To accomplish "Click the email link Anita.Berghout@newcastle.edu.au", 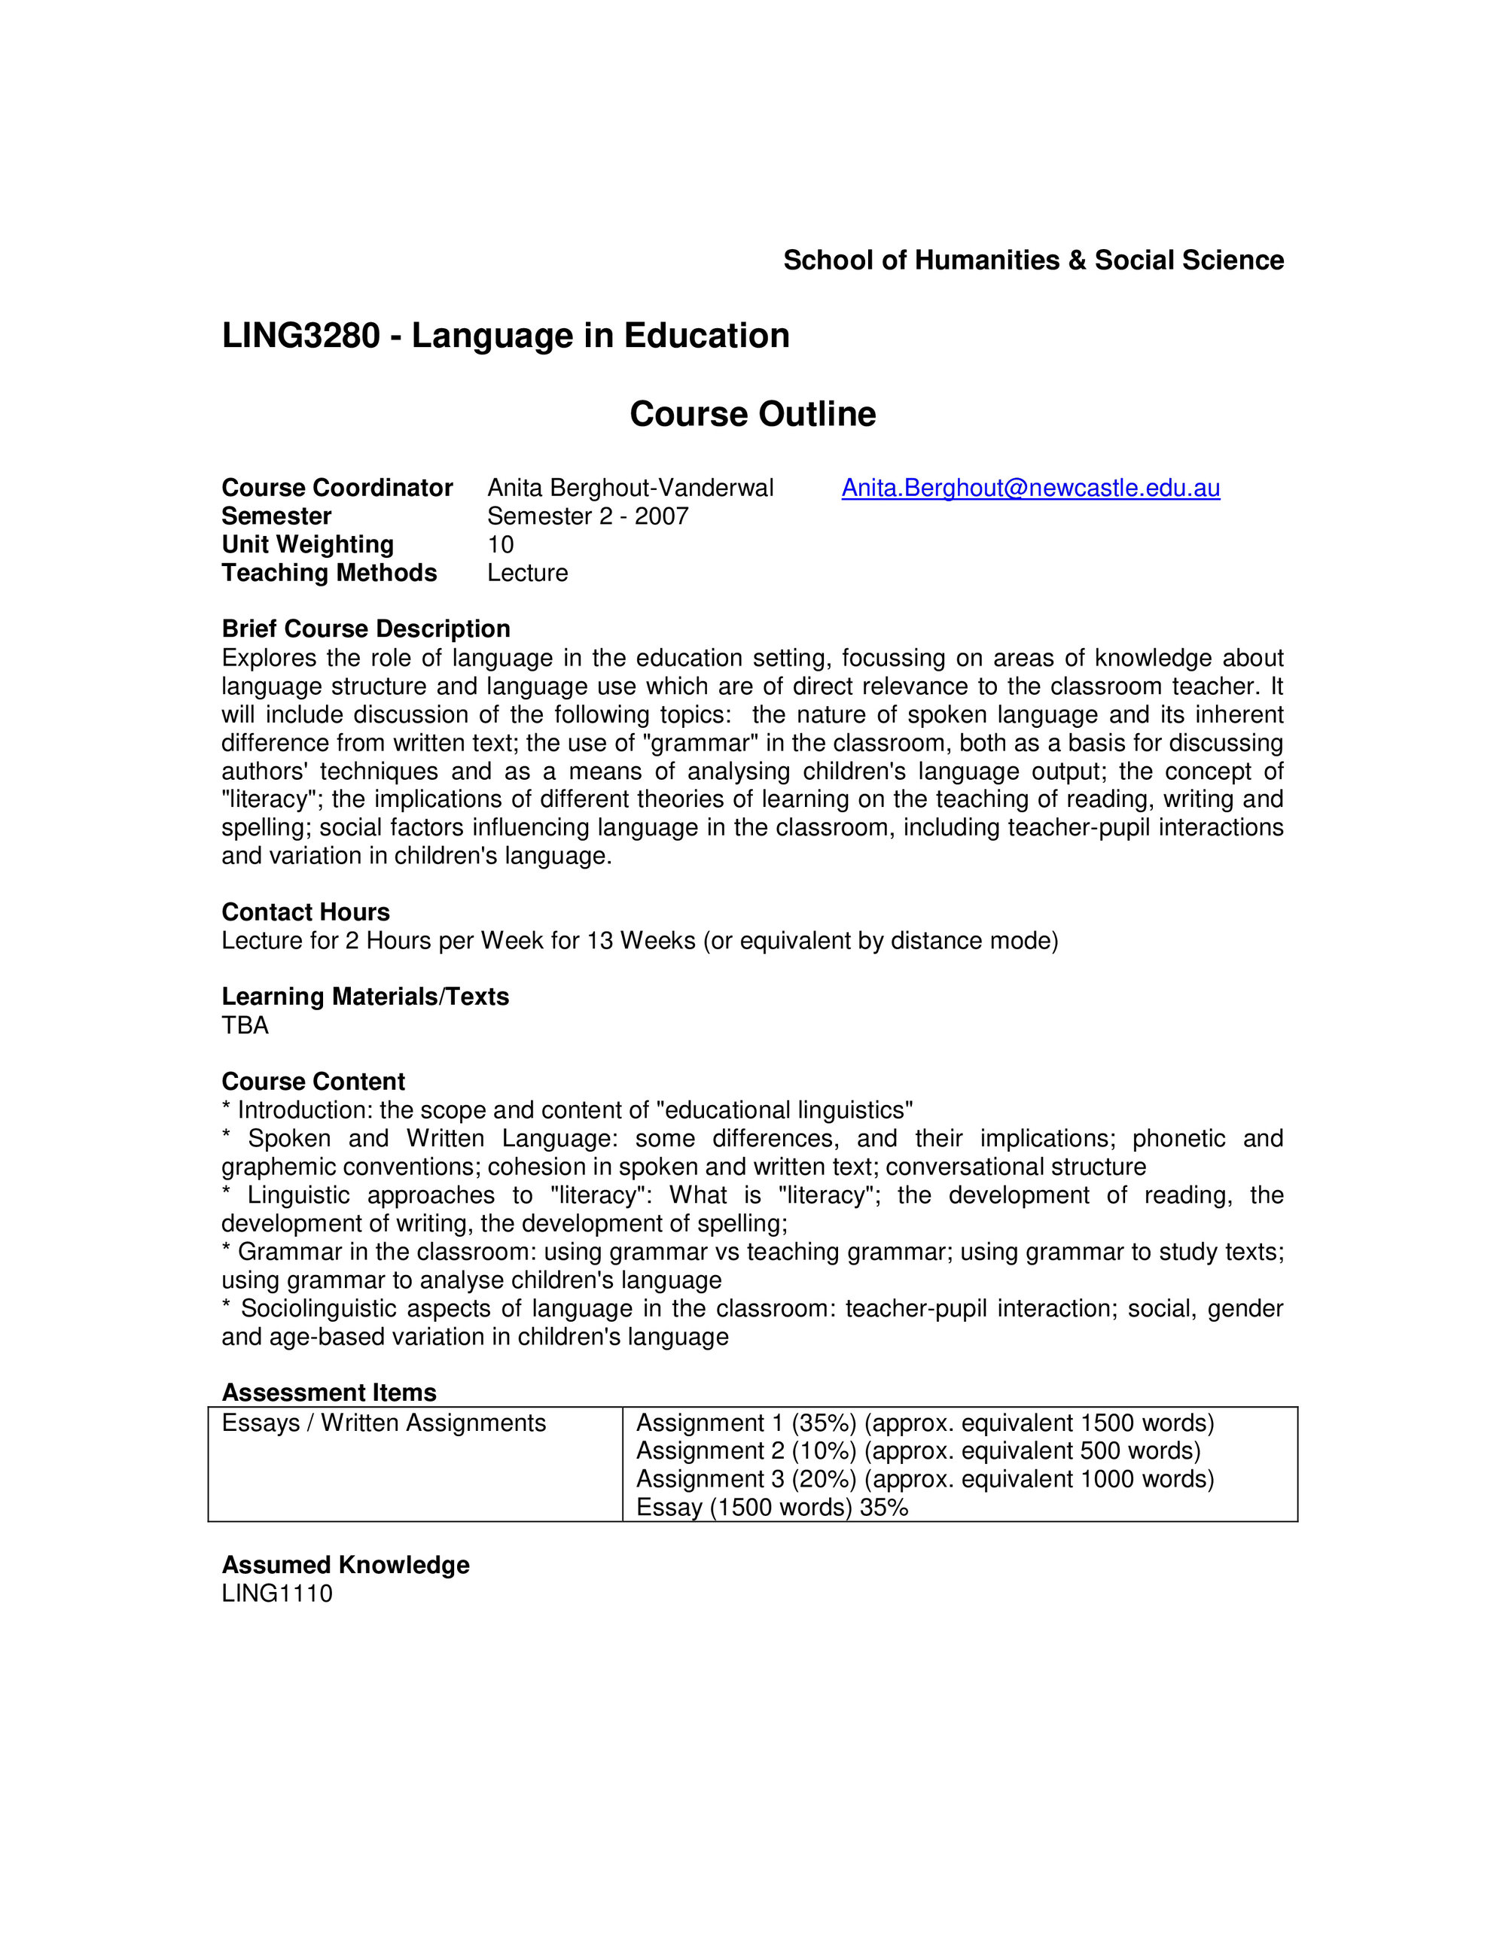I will click(1030, 488).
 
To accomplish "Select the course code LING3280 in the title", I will click(300, 336).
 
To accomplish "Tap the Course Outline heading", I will click(752, 414).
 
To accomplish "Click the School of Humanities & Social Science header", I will click(1033, 260).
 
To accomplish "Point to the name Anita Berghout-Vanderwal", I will click(630, 488).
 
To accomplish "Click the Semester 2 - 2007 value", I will click(587, 516).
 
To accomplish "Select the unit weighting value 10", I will click(501, 544).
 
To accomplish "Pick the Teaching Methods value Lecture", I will click(527, 573).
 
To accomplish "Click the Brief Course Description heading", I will click(366, 629).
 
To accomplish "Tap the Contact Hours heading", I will click(305, 912).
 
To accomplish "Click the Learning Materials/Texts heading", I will click(365, 997).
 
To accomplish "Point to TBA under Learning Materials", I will click(245, 1025).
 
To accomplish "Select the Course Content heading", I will click(313, 1081).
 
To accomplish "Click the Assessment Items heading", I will click(329, 1393).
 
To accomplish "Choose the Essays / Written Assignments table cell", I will click(383, 1423).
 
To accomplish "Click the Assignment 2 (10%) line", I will click(918, 1451).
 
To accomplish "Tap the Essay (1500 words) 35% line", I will click(772, 1508).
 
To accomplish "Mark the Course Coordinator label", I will click(337, 488).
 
